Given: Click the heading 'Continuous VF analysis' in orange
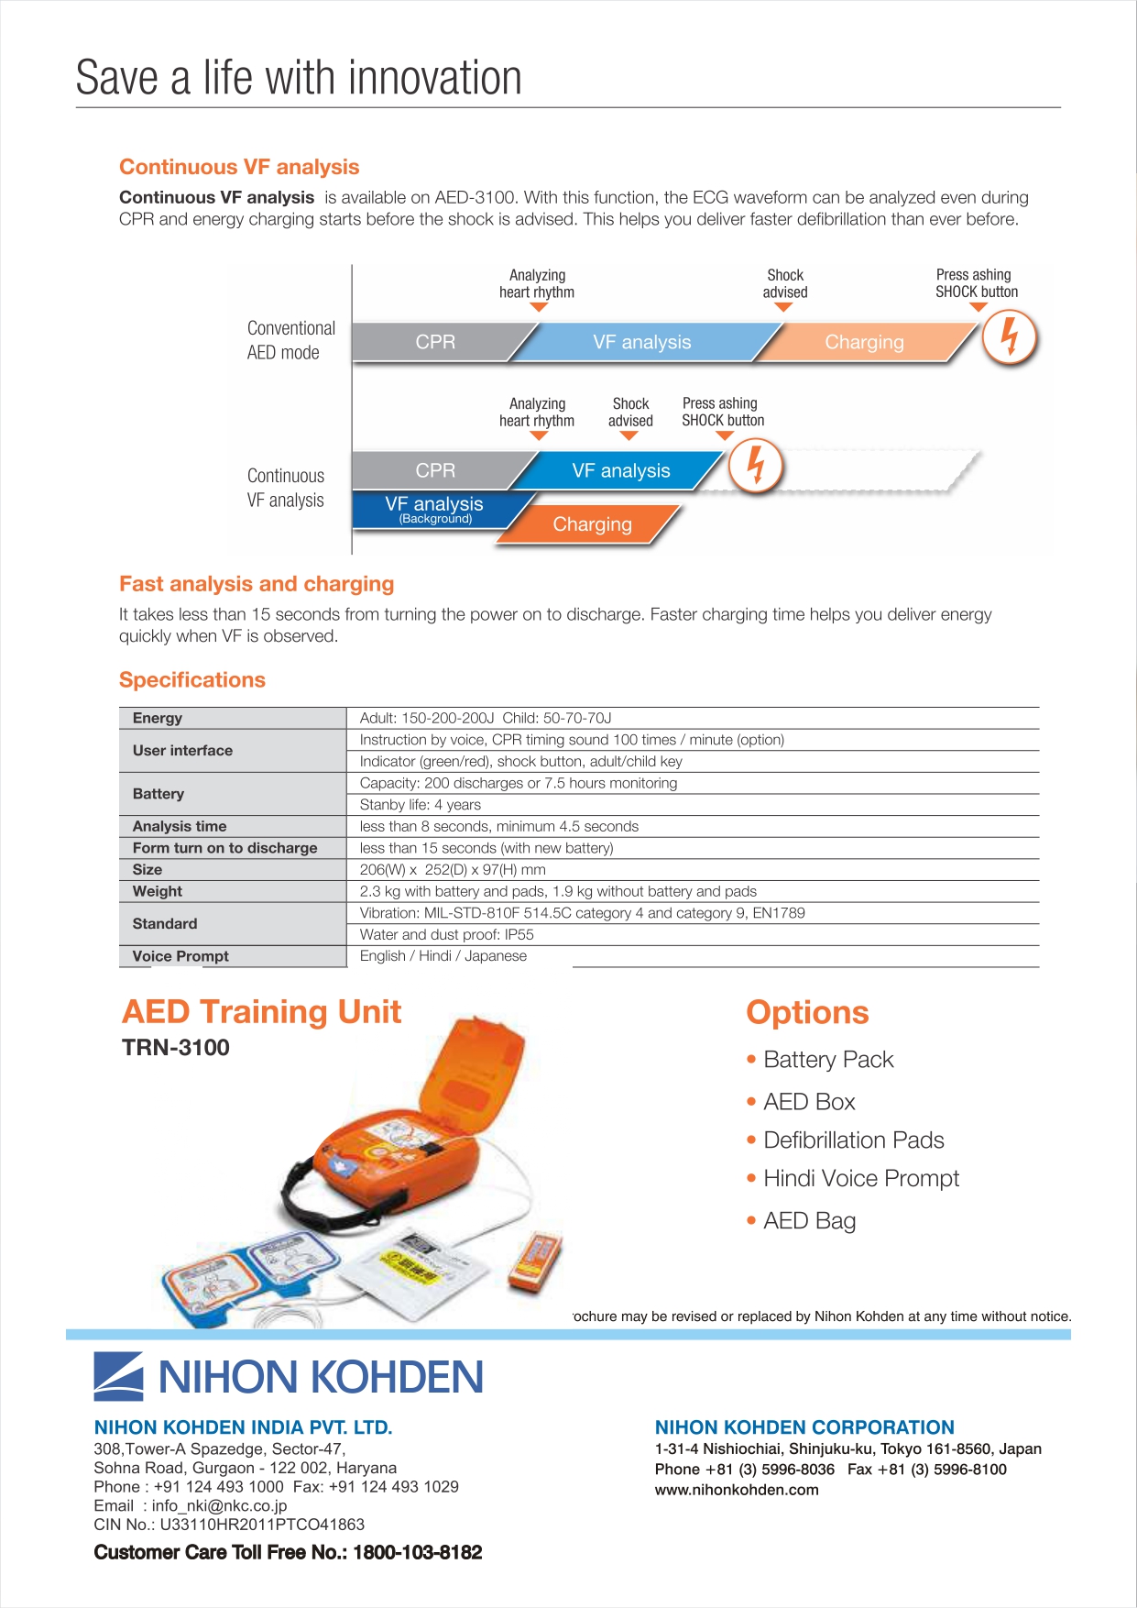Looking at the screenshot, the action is pos(239,167).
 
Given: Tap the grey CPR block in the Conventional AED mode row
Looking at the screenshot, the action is pos(436,342).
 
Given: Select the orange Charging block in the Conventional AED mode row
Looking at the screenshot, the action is pos(864,342).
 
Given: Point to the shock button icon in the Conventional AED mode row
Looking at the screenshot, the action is pos(1010,337).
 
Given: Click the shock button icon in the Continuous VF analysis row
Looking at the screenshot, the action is pos(756,467).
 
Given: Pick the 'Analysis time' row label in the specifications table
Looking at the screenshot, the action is pos(180,826).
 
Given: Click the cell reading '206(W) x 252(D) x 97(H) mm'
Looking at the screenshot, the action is pos(453,869).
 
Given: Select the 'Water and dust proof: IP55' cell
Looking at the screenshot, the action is pos(446,934).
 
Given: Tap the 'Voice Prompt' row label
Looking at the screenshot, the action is pos(180,956).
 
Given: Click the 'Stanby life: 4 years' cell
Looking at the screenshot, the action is pos(420,805).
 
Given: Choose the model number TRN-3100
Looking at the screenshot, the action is pos(176,1048).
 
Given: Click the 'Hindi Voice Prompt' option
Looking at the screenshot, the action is pos(861,1179).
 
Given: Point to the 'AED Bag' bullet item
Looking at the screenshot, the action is pos(810,1221).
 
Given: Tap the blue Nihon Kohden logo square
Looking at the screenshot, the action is pos(118,1376).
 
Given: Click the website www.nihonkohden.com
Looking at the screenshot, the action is pos(737,1490).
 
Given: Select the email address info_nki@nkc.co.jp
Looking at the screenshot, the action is pos(219,1505).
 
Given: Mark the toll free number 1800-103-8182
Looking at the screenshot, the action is pos(418,1552).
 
